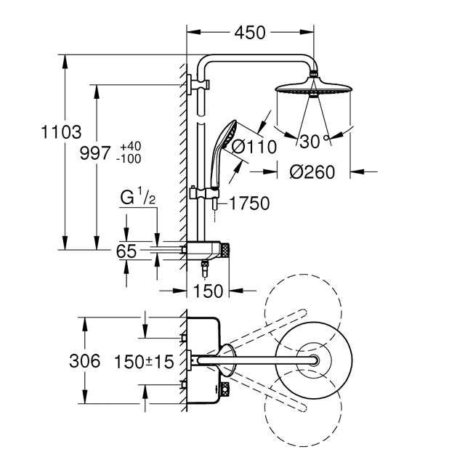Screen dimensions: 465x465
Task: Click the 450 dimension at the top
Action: pyautogui.click(x=250, y=33)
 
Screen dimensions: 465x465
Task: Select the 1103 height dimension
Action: pyautogui.click(x=61, y=132)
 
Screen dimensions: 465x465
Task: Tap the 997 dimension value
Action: pyautogui.click(x=95, y=153)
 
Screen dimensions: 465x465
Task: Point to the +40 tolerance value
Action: pyautogui.click(x=131, y=147)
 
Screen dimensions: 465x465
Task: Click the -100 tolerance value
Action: pyautogui.click(x=129, y=159)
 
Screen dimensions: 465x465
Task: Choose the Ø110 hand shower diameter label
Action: pyautogui.click(x=254, y=147)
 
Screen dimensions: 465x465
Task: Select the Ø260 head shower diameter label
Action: pyautogui.click(x=312, y=172)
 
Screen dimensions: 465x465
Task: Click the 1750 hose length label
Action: pyautogui.click(x=249, y=203)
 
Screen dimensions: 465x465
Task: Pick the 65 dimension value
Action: pyautogui.click(x=126, y=251)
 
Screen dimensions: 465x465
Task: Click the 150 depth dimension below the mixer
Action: pyautogui.click(x=208, y=291)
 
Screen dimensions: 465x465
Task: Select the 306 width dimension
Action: pyautogui.click(x=85, y=361)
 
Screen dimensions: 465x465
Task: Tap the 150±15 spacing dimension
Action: pyautogui.click(x=144, y=362)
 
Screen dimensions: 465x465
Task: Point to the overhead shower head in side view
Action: pyautogui.click(x=314, y=87)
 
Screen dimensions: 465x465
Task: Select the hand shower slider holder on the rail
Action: pyautogui.click(x=204, y=193)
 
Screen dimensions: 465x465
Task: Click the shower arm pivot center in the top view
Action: pyautogui.click(x=314, y=360)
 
